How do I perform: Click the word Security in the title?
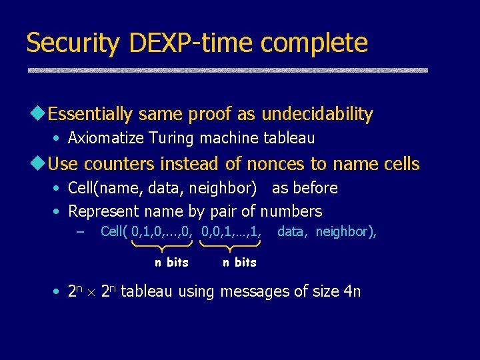coord(73,43)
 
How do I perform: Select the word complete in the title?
coord(314,43)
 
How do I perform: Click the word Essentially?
coord(91,114)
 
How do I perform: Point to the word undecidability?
coord(317,114)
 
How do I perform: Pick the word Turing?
coord(169,139)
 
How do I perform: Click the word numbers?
coord(291,212)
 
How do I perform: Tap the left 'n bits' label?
coord(171,263)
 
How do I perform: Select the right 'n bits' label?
coord(239,263)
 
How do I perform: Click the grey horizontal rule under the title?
coord(227,70)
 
